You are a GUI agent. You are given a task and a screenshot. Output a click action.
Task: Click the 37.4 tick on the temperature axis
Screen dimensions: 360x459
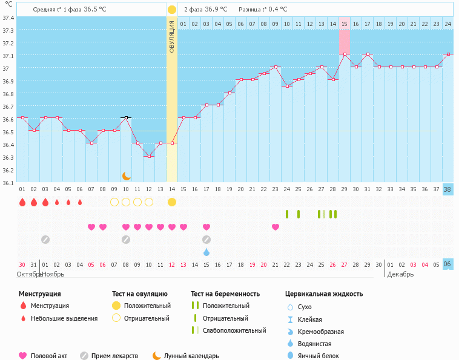8,18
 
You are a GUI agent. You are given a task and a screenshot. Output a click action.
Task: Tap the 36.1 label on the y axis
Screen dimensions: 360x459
8,182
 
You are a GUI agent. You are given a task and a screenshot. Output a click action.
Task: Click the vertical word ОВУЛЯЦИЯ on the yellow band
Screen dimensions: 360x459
172,36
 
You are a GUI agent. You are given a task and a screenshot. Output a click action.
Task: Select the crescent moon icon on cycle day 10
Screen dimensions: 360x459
126,175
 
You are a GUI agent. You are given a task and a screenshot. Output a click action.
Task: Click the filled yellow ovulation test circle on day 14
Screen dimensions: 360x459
172,201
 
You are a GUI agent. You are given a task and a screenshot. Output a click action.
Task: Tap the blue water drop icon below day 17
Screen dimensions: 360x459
206,252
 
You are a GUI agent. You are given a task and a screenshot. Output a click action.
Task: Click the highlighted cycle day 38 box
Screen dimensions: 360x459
447,189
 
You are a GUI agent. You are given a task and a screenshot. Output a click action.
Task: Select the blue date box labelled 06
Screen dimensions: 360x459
447,264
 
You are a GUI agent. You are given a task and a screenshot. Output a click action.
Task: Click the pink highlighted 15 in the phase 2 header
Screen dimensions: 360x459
344,24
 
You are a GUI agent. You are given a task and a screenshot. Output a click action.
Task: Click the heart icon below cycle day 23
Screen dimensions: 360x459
276,227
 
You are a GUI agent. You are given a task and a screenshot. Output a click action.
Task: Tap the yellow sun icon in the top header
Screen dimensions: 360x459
172,10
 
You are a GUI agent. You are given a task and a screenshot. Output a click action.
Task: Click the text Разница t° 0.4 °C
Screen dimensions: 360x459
263,10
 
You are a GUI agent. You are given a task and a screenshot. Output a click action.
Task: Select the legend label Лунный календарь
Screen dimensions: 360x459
191,356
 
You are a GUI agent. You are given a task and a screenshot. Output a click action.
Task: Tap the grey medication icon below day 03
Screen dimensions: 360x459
45,240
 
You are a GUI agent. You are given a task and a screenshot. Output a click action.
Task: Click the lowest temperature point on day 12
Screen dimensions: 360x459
149,156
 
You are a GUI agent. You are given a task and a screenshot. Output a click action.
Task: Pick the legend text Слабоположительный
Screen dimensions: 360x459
234,330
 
